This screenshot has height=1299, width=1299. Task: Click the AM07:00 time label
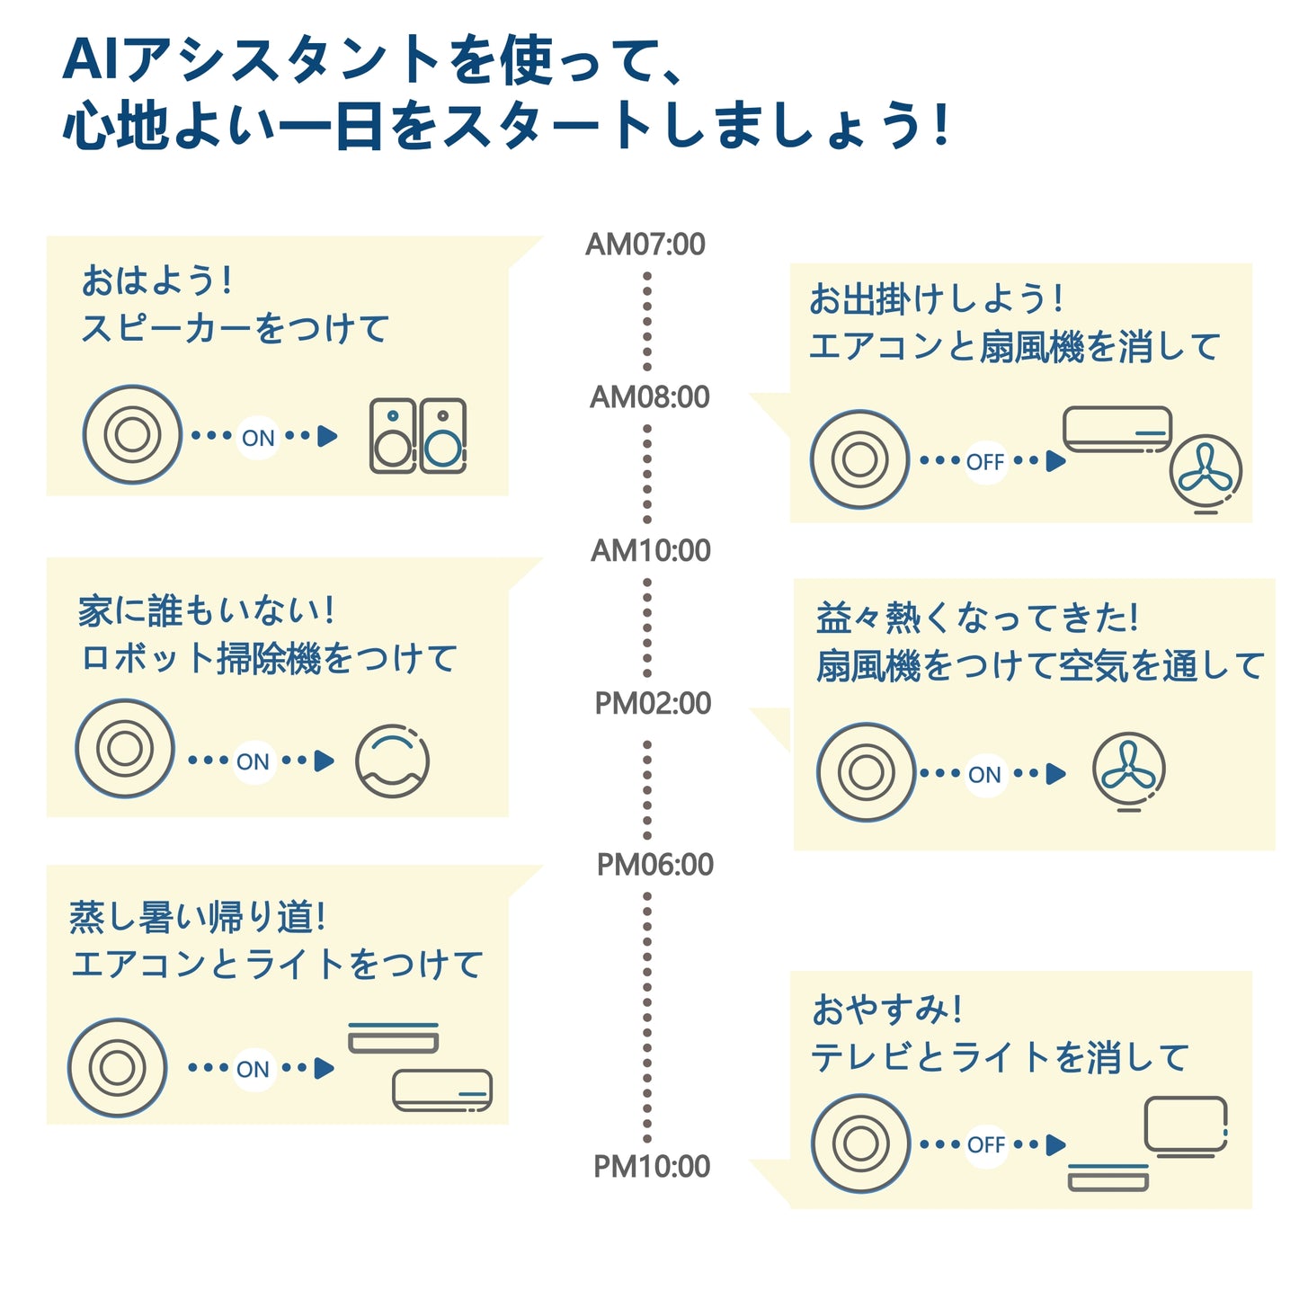645,244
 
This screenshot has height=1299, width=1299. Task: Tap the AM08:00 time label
649,396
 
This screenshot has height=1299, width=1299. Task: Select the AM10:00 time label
650,550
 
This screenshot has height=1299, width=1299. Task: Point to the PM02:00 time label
653,703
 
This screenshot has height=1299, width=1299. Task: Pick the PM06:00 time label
654,865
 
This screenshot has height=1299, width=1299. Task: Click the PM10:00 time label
651,1166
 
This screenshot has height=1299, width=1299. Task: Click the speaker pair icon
418,436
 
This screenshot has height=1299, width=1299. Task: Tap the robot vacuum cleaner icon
392,761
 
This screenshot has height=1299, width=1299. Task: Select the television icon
1186,1125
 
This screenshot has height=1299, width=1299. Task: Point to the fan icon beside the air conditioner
1206,473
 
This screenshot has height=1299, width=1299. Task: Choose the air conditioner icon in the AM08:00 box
1117,430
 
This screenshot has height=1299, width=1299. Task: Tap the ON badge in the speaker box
258,438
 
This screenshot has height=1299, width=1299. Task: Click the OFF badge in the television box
985,1144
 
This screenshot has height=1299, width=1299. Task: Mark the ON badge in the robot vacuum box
253,761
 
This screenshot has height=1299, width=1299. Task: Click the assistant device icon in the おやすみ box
860,1143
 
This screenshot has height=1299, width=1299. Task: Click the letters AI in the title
92,60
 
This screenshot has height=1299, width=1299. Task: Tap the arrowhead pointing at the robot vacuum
325,761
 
